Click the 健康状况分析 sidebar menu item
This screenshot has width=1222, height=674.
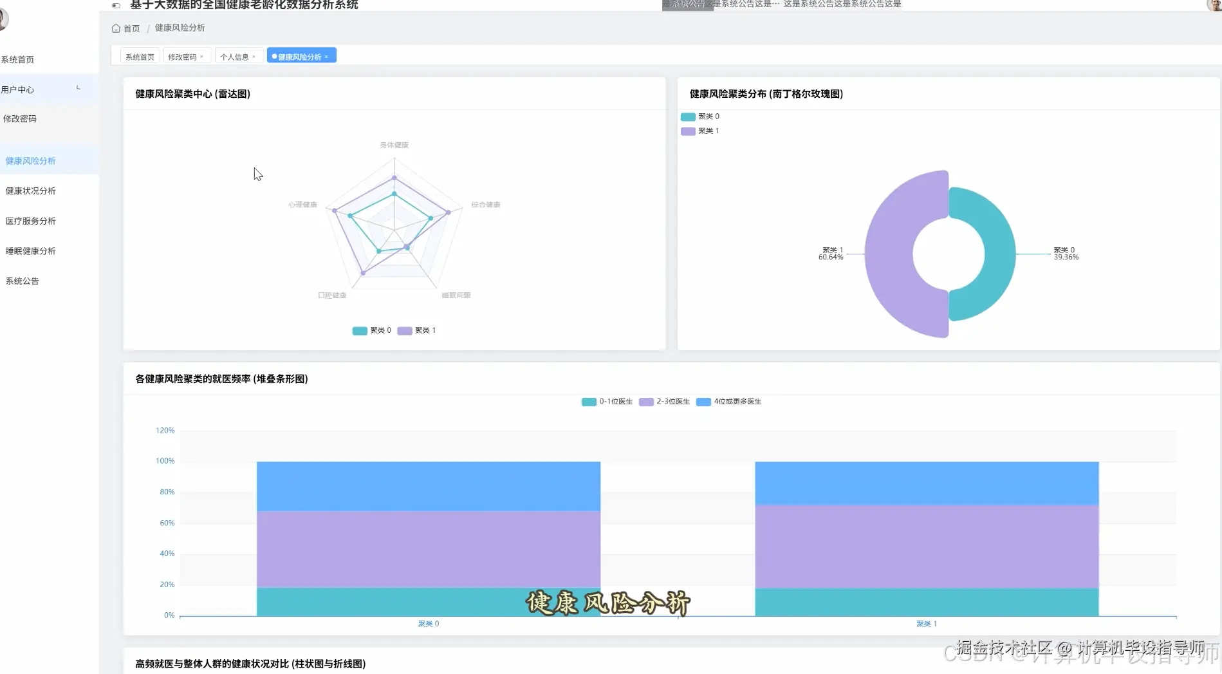30,191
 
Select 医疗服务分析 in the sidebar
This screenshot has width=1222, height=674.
30,221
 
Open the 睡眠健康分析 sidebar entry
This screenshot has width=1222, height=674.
30,251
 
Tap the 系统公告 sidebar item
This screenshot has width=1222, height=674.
22,281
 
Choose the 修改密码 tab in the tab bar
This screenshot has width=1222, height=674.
182,57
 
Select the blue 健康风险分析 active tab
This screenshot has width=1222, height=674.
299,57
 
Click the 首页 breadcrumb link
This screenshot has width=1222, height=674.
131,28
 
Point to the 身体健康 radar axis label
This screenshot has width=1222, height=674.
394,145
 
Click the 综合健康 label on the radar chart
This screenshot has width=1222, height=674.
485,205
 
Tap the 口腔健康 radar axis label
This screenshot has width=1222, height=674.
332,295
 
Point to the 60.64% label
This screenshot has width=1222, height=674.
831,257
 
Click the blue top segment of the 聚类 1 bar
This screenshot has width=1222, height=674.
927,483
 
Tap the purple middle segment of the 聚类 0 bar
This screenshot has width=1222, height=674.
428,549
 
